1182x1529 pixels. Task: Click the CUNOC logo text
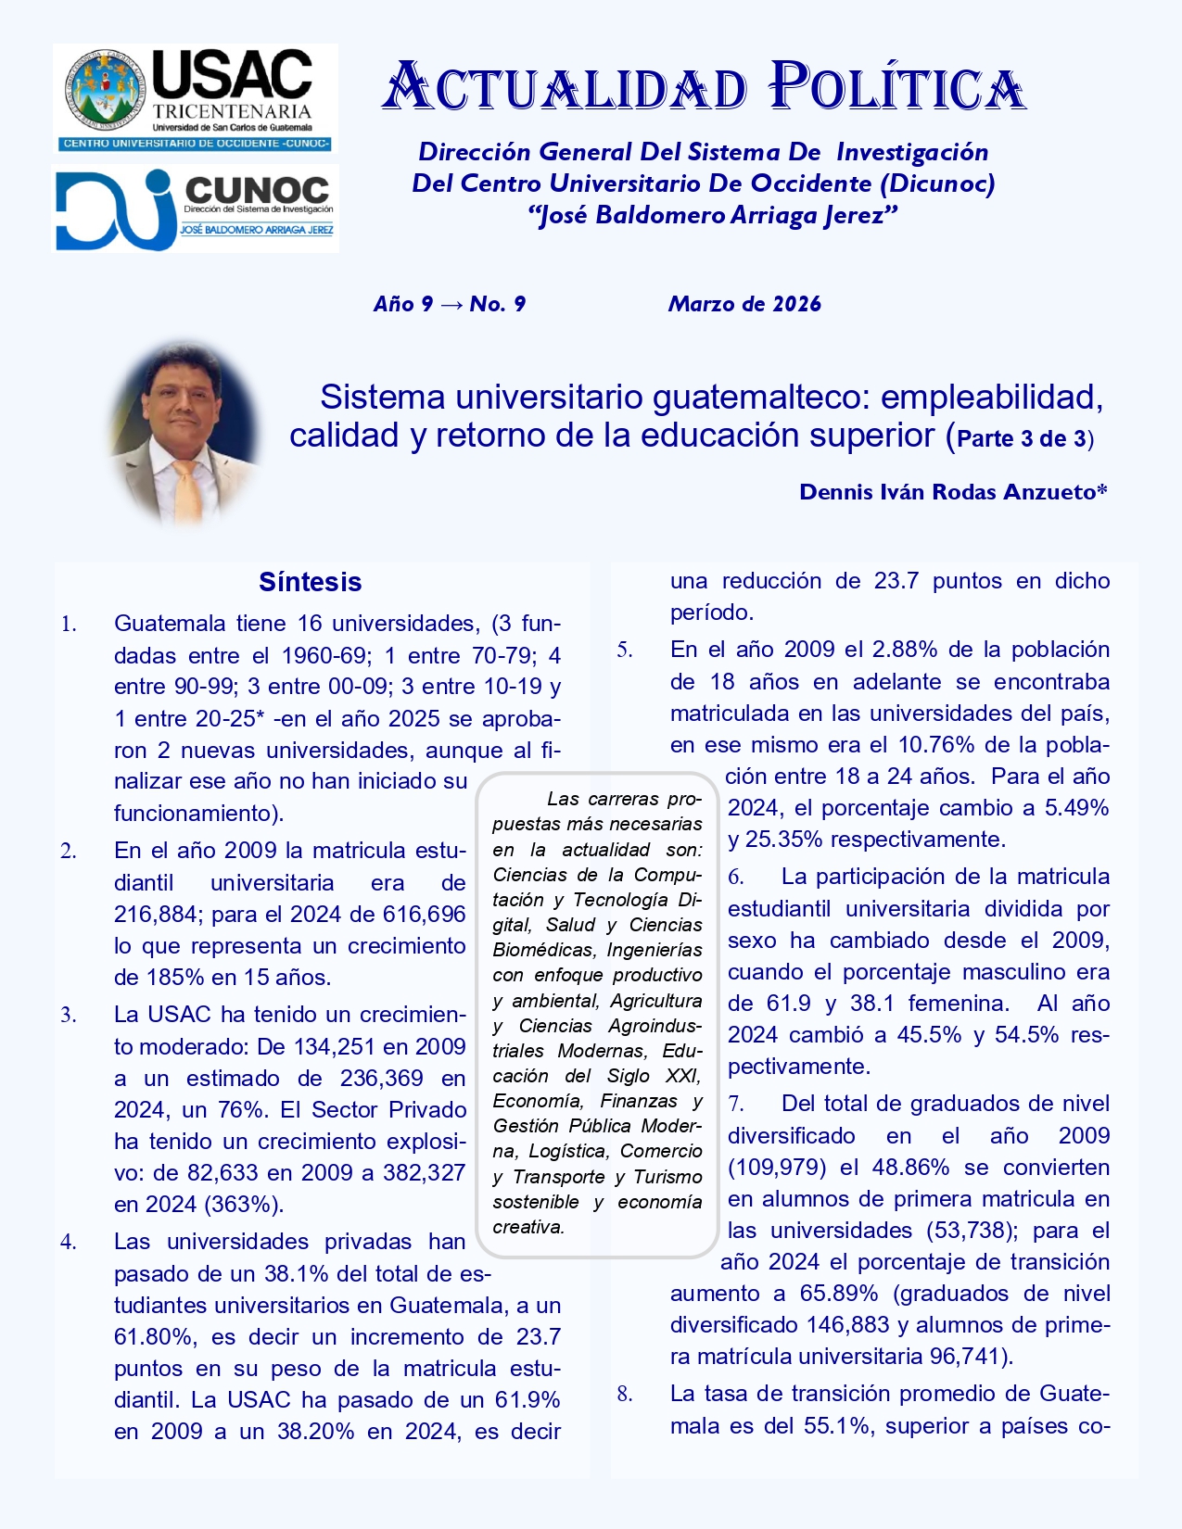(257, 190)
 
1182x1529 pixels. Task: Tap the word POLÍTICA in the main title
(896, 88)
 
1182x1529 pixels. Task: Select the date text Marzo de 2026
(744, 304)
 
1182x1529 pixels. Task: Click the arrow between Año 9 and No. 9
(451, 304)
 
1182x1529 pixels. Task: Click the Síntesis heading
(310, 582)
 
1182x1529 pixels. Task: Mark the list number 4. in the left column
(69, 1243)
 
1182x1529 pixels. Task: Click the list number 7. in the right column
(736, 1105)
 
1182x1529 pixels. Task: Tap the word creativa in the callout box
(527, 1227)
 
